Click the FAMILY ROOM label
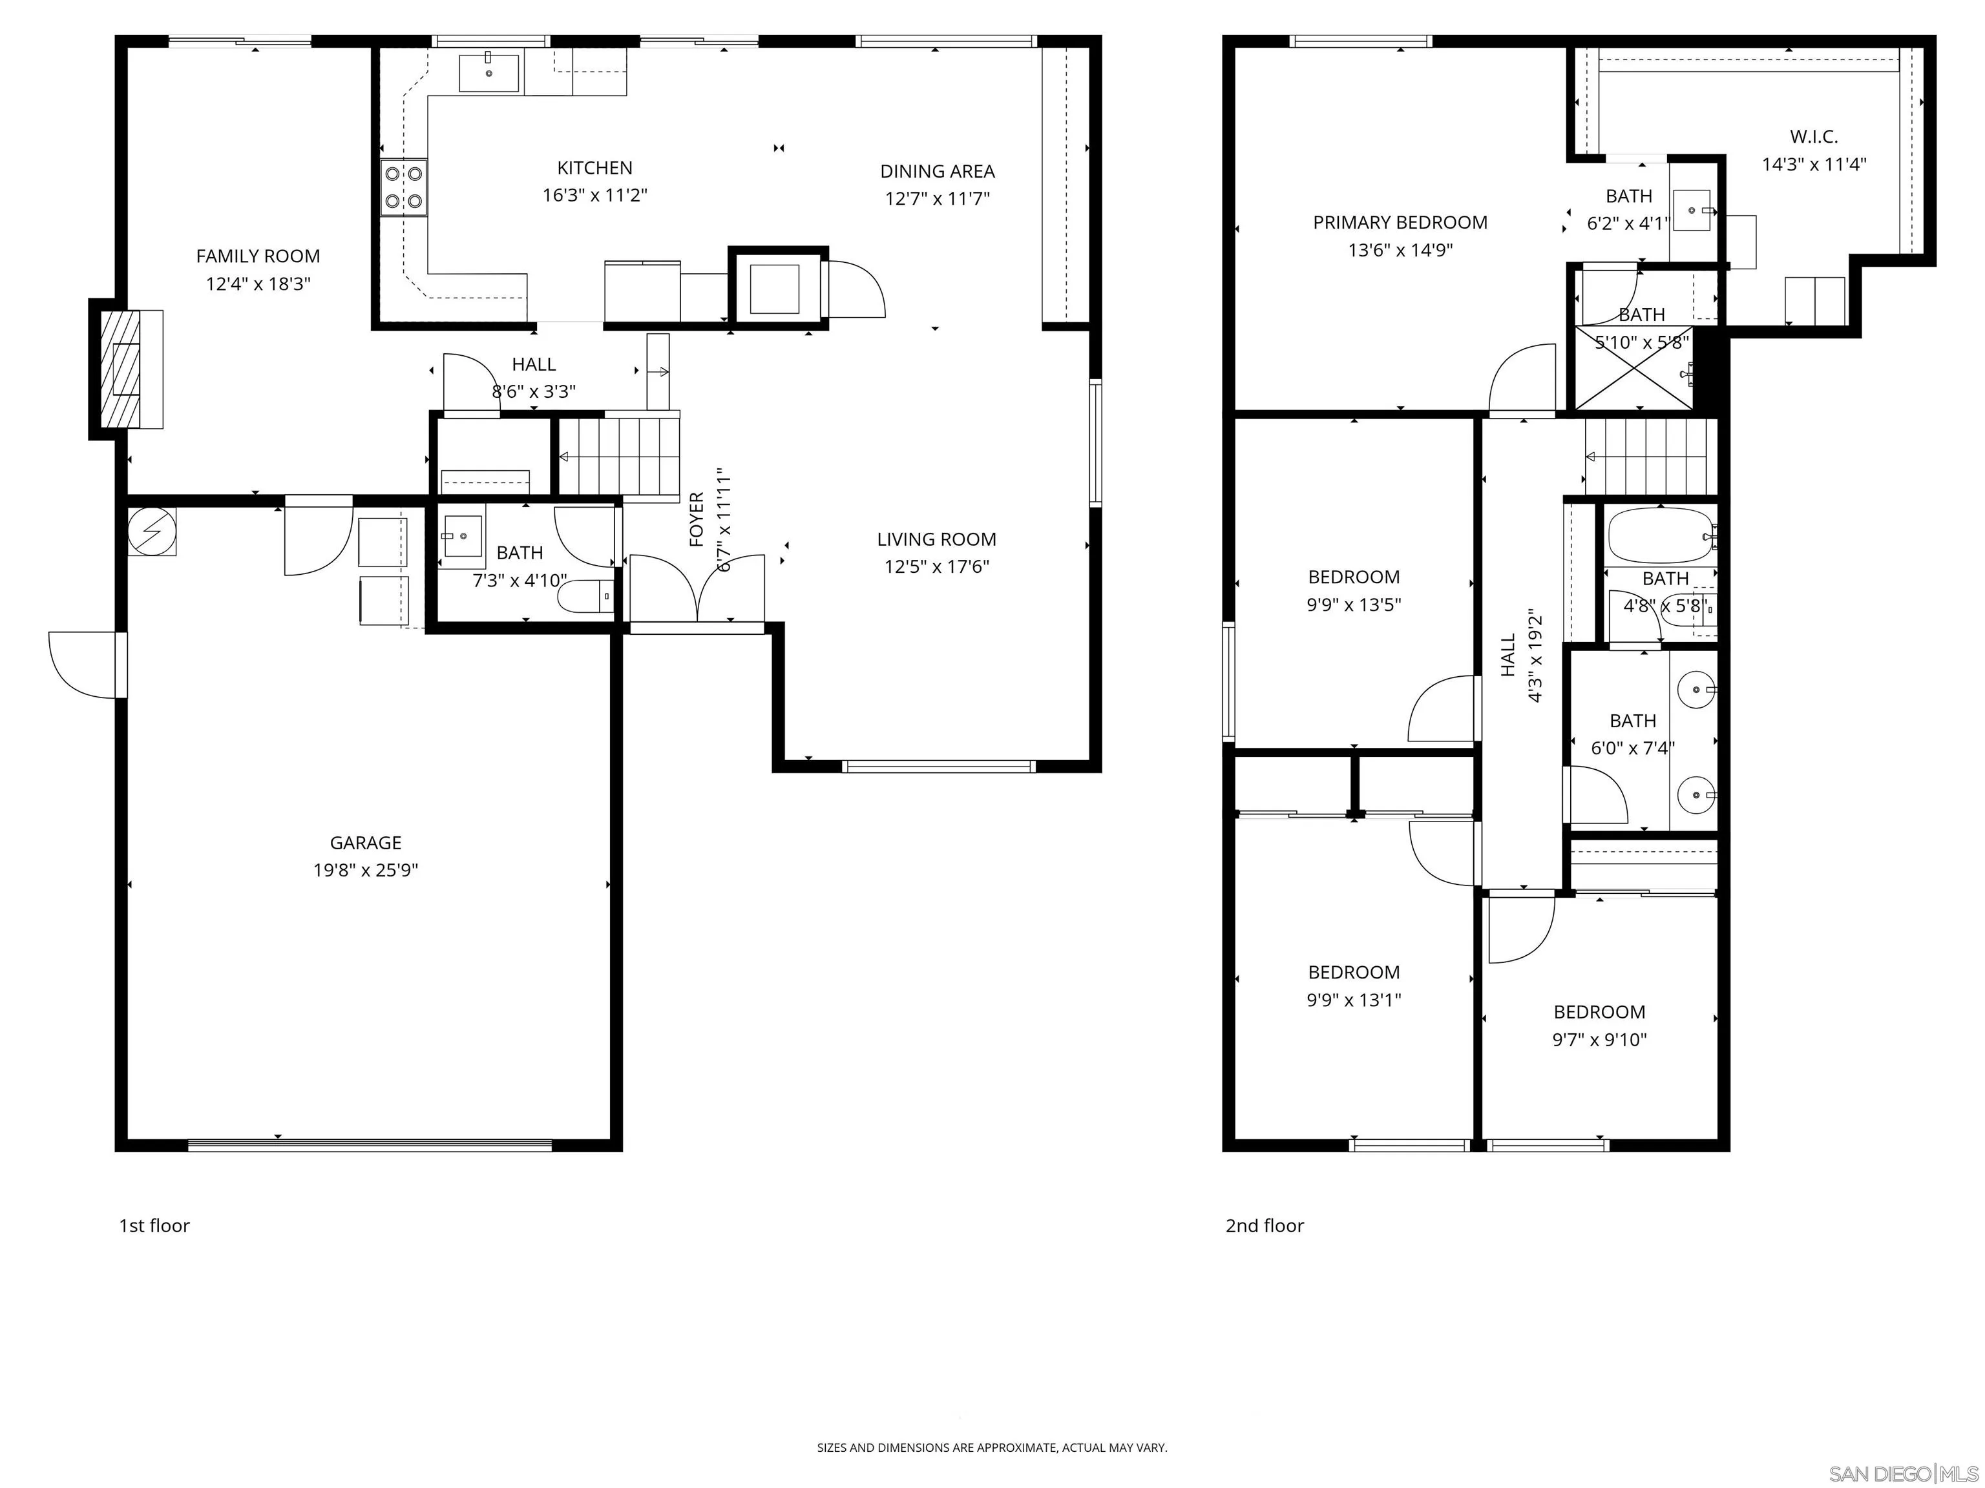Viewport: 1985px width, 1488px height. click(x=258, y=256)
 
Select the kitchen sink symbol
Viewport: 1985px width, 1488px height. click(x=488, y=72)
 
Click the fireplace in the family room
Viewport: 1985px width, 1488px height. click(x=125, y=369)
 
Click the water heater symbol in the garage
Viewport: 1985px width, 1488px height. click(x=152, y=532)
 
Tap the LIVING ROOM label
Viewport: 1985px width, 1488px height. click(x=936, y=539)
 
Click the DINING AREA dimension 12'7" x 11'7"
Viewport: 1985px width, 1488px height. click(x=937, y=198)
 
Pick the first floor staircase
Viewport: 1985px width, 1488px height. click(x=619, y=457)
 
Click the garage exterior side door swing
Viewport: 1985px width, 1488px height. click(x=85, y=664)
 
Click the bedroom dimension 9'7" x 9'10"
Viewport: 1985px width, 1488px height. click(x=1599, y=1040)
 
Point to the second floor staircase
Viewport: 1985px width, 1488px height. click(x=1650, y=457)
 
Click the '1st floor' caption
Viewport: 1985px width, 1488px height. click(x=154, y=1225)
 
